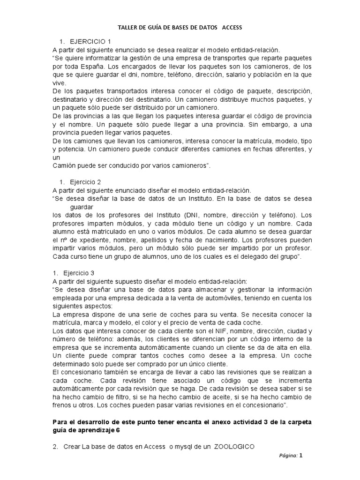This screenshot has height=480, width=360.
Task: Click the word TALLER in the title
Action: coord(126,28)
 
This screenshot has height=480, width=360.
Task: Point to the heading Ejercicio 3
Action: coord(86,272)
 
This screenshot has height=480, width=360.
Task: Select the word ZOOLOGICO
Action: coord(234,446)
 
